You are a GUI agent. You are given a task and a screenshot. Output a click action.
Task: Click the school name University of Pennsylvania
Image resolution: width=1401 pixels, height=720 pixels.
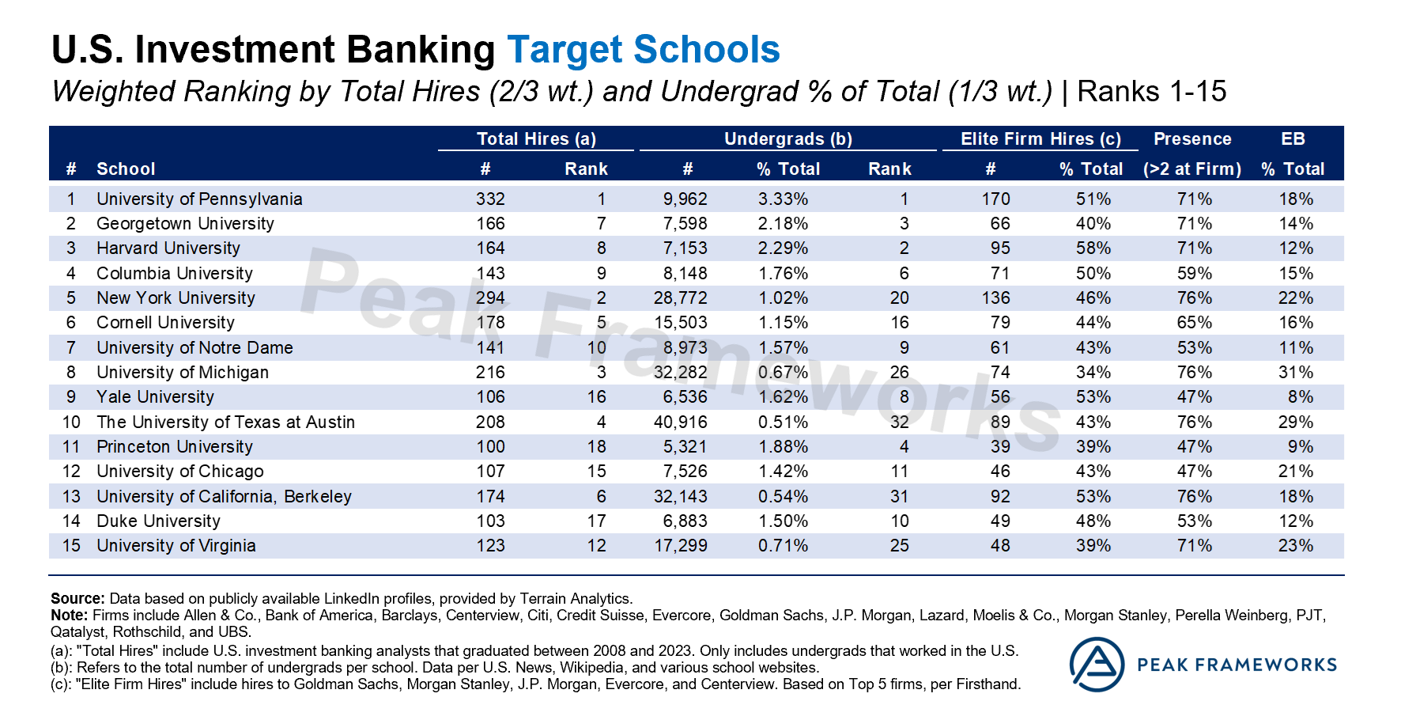click(199, 199)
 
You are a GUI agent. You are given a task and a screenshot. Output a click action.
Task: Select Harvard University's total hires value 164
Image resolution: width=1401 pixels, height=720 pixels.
click(490, 248)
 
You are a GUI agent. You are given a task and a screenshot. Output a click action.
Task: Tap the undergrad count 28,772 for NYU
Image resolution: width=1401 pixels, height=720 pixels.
click(680, 298)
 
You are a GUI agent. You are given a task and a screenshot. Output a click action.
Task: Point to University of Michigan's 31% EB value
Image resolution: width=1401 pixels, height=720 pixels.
click(1296, 373)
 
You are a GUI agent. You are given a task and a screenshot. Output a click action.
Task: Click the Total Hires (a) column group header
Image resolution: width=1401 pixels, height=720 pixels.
click(536, 139)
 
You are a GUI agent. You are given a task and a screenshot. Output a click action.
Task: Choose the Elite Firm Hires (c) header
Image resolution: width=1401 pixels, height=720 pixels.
click(1040, 139)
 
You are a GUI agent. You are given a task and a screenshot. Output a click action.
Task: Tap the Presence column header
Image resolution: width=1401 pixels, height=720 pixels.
click(1192, 139)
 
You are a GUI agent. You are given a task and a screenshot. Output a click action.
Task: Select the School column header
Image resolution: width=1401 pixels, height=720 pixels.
click(126, 169)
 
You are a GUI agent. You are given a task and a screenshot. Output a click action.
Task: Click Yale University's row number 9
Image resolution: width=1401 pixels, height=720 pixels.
click(71, 397)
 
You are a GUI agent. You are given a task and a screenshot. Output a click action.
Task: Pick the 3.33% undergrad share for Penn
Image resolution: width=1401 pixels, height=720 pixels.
click(783, 199)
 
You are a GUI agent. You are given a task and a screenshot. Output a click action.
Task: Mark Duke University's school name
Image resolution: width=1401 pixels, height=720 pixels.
click(158, 521)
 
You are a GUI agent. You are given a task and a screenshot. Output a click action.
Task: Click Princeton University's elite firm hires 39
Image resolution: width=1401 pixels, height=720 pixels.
click(1000, 447)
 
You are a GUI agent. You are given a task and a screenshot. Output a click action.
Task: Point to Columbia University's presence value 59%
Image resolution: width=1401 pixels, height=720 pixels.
click(1194, 274)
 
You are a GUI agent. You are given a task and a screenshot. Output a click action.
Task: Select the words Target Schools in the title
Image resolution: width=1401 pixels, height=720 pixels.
click(643, 50)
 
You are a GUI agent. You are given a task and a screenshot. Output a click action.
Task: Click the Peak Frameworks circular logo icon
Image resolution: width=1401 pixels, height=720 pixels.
click(1097, 665)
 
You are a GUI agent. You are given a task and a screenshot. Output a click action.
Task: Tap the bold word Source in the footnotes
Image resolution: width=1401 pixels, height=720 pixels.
click(77, 599)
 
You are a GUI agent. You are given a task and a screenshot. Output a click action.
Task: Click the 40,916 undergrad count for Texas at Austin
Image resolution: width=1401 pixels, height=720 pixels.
click(680, 423)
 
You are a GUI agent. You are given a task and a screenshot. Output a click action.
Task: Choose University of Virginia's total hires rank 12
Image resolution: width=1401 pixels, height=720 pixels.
click(596, 546)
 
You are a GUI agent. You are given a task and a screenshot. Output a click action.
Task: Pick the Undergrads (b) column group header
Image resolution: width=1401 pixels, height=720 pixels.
click(787, 139)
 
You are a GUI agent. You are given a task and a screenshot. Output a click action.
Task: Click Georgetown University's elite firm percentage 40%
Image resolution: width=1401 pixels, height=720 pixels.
click(1093, 224)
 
